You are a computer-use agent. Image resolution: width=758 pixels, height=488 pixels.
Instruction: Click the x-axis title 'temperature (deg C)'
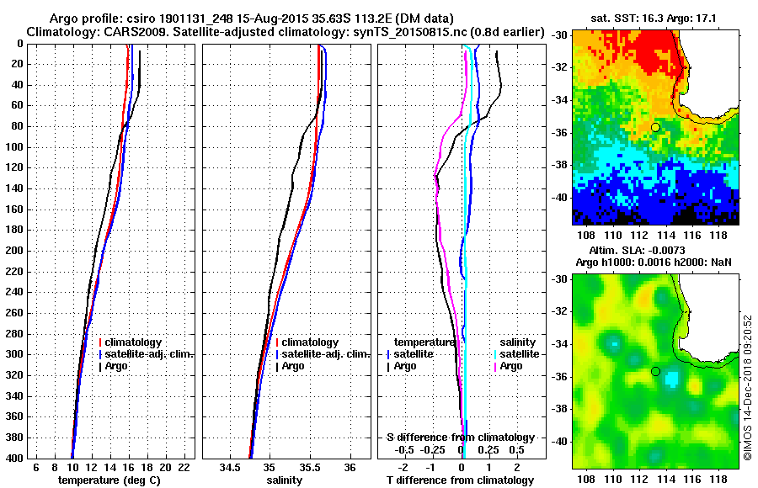click(x=109, y=480)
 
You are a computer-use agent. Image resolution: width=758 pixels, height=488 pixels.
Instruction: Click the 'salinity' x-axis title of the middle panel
click(x=284, y=480)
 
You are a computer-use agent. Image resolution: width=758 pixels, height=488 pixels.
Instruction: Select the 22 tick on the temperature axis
click(x=184, y=467)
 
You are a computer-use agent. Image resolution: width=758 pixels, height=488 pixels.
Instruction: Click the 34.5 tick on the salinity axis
click(x=230, y=467)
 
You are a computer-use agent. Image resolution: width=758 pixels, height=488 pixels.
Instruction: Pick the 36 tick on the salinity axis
click(x=350, y=467)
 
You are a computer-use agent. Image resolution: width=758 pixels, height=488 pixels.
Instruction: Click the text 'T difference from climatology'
click(x=460, y=480)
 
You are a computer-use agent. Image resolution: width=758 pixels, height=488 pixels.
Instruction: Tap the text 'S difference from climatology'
click(x=460, y=438)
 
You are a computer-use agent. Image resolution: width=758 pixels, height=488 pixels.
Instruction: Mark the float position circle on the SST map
click(x=655, y=127)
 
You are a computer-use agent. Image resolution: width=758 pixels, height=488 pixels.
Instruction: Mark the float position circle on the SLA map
click(x=655, y=371)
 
